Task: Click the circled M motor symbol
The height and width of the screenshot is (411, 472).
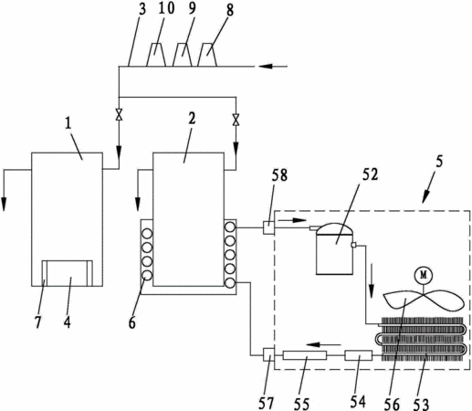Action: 424,275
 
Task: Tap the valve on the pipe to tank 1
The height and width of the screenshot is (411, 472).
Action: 119,114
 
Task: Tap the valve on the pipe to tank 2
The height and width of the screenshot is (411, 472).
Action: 236,120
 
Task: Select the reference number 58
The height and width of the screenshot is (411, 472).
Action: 279,175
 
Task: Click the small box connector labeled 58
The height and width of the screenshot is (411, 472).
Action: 268,227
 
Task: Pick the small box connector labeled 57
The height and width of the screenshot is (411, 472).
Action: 268,354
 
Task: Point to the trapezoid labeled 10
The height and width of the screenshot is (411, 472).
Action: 156,55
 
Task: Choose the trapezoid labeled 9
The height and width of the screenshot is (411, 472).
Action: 182,55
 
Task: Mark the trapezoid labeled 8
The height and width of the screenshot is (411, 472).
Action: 207,55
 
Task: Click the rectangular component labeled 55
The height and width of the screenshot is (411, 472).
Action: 305,355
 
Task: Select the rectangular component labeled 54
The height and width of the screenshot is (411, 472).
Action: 358,355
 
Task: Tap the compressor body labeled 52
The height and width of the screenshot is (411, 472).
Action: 334,248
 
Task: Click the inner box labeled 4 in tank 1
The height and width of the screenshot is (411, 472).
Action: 68,273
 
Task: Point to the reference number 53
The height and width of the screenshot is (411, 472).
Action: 421,404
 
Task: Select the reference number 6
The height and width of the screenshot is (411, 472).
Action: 131,322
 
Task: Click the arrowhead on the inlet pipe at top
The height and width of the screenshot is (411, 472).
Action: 265,66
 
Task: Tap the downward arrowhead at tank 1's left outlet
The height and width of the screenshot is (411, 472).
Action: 4,205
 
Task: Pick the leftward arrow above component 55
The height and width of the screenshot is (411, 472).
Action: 323,344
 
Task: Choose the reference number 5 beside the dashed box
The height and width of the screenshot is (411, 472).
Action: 439,161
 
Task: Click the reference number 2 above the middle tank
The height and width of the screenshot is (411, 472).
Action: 192,119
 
